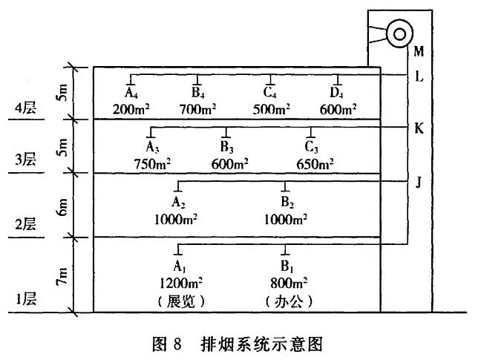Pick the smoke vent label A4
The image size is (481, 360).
point(131,94)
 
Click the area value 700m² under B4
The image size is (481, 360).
point(198,108)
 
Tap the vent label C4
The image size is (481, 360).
point(271,94)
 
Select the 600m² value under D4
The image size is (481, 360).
point(337,108)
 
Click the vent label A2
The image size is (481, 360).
point(178,202)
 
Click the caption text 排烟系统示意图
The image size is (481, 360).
point(261,344)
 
